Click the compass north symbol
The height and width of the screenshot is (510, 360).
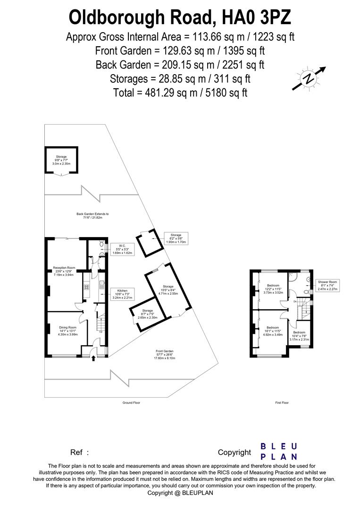[x=309, y=78]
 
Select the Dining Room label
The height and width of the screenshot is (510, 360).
[x=67, y=331]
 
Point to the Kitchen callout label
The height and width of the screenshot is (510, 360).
[x=122, y=294]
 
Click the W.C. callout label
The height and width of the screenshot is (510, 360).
[x=122, y=249]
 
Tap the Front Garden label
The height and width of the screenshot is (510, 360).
[x=165, y=354]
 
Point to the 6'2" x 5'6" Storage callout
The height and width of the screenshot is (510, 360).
[x=176, y=238]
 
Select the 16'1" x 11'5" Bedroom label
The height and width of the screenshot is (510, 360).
[x=272, y=331]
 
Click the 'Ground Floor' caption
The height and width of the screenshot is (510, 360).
[x=131, y=403]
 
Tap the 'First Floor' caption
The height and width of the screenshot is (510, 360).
[x=282, y=403]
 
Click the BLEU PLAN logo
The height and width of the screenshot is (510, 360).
[x=279, y=451]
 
